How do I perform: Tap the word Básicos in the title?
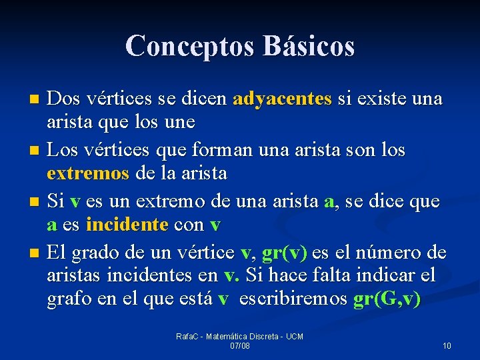click(309, 46)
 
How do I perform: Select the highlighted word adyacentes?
click(282, 99)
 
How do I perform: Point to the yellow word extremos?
click(88, 174)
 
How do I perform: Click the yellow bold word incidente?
click(127, 225)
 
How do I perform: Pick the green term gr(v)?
click(285, 254)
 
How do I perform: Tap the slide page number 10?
click(446, 346)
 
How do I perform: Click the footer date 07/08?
click(240, 347)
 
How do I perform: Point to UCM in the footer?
click(294, 337)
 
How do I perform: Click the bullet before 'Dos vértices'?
click(35, 99)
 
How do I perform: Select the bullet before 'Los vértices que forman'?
click(35, 150)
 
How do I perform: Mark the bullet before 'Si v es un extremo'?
click(35, 201)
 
